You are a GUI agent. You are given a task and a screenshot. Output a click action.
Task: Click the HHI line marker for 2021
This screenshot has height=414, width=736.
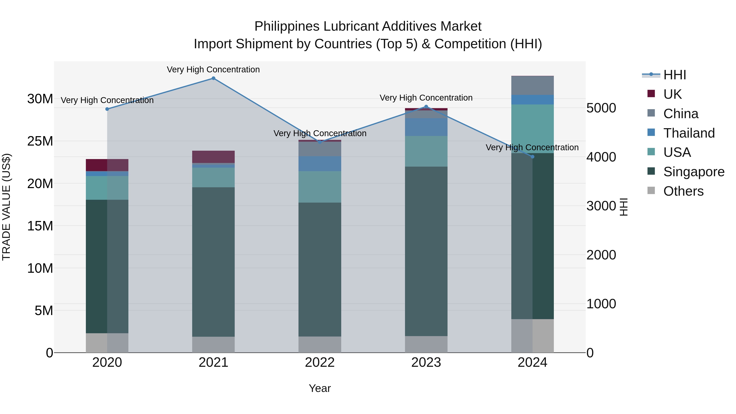click(x=213, y=78)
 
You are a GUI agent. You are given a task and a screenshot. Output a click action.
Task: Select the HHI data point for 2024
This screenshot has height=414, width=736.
click(x=532, y=157)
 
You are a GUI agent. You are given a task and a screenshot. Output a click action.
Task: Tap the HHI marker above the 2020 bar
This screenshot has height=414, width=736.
click(x=107, y=109)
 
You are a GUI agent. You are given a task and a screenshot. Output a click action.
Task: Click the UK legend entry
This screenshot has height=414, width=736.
click(x=673, y=94)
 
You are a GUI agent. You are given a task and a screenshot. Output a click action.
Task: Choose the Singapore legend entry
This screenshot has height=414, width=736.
click(x=694, y=172)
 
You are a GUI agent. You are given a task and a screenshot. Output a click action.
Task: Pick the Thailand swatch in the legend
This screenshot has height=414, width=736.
click(x=651, y=132)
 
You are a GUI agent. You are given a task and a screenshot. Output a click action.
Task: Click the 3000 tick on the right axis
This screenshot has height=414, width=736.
click(x=601, y=206)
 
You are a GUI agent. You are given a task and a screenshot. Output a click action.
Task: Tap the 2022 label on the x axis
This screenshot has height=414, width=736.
click(x=320, y=362)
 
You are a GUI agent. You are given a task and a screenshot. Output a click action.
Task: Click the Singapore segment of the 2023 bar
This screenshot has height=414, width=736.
click(x=426, y=251)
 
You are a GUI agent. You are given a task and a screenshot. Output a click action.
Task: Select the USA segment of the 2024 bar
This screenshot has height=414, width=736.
click(x=532, y=129)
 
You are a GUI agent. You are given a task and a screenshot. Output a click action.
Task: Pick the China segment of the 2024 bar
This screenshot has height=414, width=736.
click(x=532, y=85)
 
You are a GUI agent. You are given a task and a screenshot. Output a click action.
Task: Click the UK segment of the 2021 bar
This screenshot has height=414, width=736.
click(x=213, y=157)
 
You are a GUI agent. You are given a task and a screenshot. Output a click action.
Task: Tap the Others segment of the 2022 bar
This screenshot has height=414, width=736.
click(x=320, y=344)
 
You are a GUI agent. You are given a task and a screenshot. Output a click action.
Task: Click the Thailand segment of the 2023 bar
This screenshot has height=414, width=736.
click(x=426, y=127)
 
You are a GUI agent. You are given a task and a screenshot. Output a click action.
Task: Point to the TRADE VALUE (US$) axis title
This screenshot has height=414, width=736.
click(x=6, y=207)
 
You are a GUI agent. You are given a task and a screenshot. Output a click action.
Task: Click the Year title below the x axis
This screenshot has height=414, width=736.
click(x=320, y=388)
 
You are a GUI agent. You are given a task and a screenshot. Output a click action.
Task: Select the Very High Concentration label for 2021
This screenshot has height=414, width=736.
click(x=213, y=70)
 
